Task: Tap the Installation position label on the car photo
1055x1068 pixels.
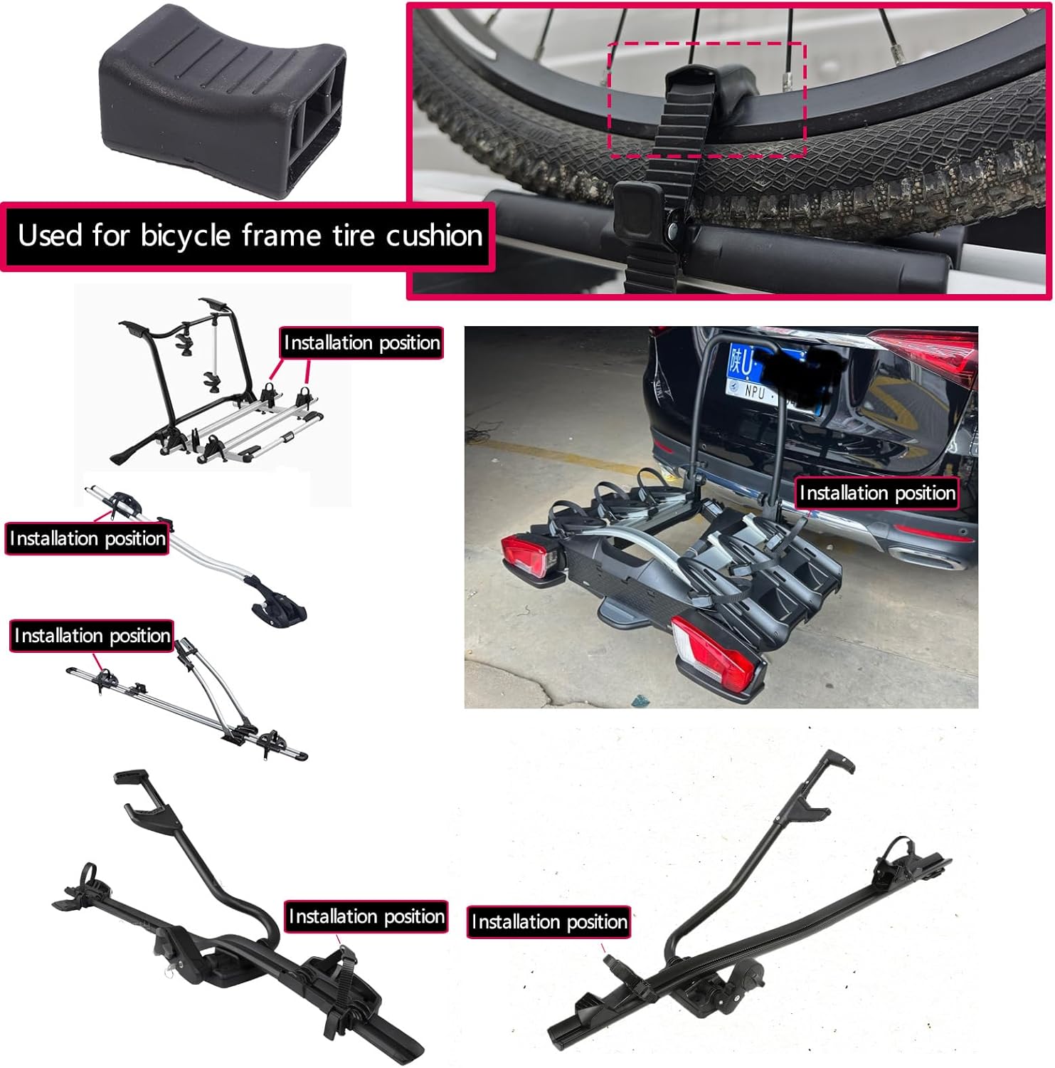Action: click(x=877, y=493)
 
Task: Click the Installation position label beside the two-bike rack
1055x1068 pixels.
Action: click(x=361, y=342)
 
